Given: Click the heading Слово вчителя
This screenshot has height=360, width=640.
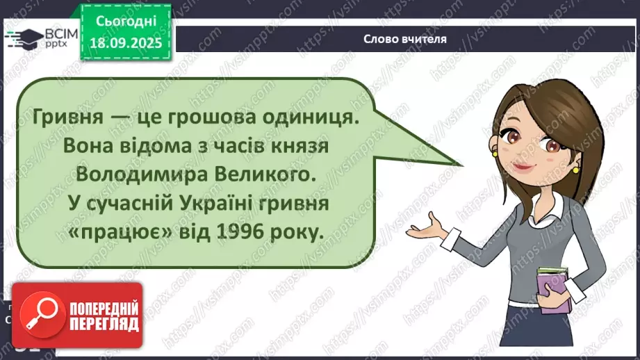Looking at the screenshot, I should (x=404, y=39).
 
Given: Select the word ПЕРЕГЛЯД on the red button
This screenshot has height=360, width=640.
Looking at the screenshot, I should (x=105, y=325).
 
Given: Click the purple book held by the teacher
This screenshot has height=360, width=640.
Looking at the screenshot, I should (x=551, y=286).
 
